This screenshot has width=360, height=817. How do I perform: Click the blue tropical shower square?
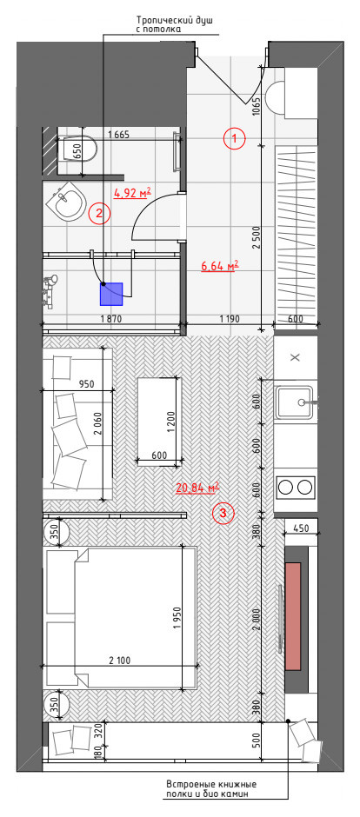coord(111,295)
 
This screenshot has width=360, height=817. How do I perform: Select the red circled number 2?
coord(100,212)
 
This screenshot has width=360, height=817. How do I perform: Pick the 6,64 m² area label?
coord(219,267)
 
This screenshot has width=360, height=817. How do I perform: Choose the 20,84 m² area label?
coord(197,488)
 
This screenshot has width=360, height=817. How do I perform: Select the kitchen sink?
coord(297,402)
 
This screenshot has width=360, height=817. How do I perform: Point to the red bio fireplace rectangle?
coord(293,615)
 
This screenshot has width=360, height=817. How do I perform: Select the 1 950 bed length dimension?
coord(176,615)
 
